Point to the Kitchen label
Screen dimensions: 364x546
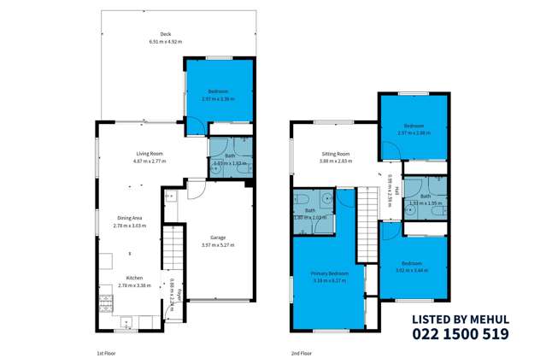coord(136,279)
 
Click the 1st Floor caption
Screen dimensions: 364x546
coord(106,351)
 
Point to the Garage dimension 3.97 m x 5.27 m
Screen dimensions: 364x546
coord(217,244)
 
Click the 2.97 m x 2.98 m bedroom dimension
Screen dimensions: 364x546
coord(414,132)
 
